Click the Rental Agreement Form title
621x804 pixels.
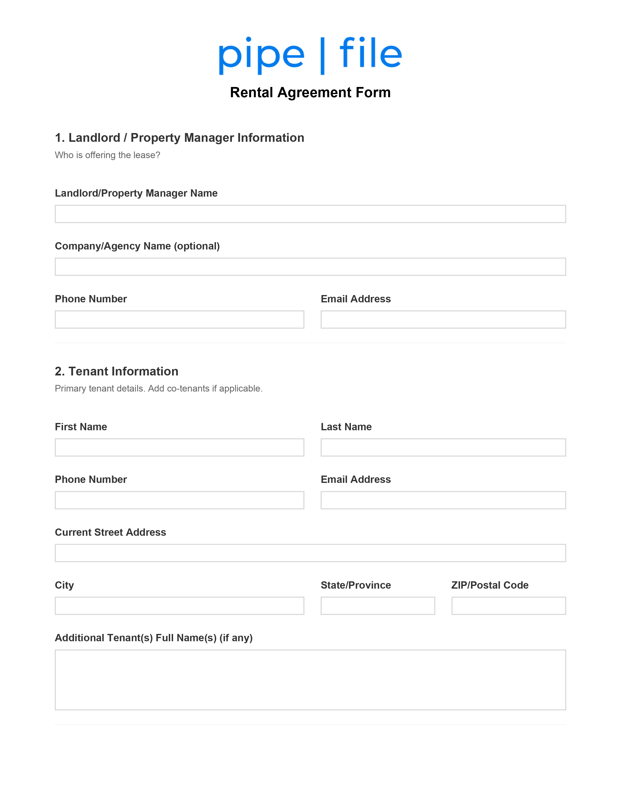tap(310, 92)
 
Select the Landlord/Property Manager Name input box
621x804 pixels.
tap(310, 214)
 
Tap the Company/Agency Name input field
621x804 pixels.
tap(310, 267)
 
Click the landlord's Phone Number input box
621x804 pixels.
tap(179, 320)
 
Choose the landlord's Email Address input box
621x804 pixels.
tap(443, 320)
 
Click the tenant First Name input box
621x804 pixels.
tap(179, 447)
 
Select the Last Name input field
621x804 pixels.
tap(443, 447)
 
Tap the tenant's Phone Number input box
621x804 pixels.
tap(179, 500)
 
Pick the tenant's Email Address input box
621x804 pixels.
tap(443, 500)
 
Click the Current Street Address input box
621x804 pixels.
tap(310, 553)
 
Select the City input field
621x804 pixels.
tap(179, 606)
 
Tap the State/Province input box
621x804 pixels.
tap(377, 606)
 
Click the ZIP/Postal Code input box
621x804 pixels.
tap(508, 606)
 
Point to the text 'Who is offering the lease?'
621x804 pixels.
tap(107, 155)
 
